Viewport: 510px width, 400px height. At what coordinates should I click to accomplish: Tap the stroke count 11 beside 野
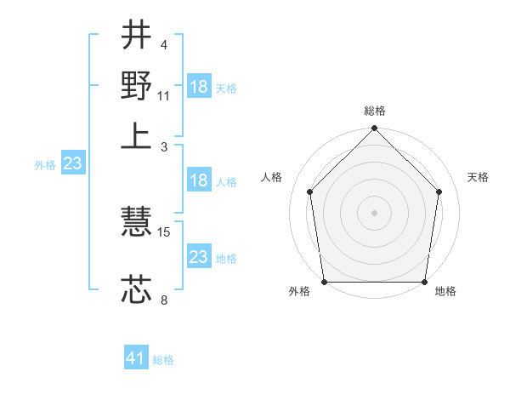pyautogui.click(x=164, y=95)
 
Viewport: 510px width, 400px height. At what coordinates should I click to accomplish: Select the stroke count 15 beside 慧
pyautogui.click(x=165, y=231)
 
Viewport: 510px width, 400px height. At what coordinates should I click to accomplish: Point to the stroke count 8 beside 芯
pyautogui.click(x=163, y=300)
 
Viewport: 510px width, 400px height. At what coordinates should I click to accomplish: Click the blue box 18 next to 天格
pyautogui.click(x=199, y=87)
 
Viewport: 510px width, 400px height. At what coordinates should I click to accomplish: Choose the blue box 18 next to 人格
pyautogui.click(x=199, y=180)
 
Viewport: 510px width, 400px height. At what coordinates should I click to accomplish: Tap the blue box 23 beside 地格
pyautogui.click(x=199, y=257)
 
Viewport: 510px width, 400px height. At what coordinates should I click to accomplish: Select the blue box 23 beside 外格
pyautogui.click(x=71, y=163)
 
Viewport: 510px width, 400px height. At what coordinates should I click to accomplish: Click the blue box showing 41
pyautogui.click(x=136, y=358)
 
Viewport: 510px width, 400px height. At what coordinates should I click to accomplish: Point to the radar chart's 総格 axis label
pyautogui.click(x=375, y=111)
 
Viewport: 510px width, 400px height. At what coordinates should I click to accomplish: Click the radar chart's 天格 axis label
pyautogui.click(x=478, y=177)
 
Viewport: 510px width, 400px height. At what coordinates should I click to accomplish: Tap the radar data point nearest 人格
pyautogui.click(x=309, y=191)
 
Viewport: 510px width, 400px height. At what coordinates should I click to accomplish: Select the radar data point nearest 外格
pyautogui.click(x=325, y=282)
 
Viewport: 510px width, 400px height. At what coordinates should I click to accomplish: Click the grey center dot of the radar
pyautogui.click(x=375, y=212)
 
